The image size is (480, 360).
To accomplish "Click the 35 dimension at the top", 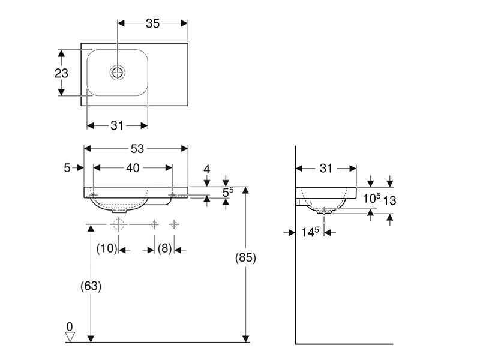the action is click(152, 23).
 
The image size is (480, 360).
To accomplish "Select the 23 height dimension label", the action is click(61, 73).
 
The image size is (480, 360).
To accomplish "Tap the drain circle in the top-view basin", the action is click(118, 73).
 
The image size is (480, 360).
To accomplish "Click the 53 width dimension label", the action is click(137, 149).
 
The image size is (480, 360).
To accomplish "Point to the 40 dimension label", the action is click(133, 168).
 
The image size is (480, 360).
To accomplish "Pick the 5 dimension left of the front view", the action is click(67, 168).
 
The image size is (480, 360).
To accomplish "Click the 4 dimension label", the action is click(207, 169).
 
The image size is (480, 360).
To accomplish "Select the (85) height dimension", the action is click(245, 258).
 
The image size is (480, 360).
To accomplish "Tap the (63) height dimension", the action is click(91, 286).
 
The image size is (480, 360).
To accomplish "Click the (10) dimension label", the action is click(107, 248).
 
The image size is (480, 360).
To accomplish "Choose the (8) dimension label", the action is click(164, 248).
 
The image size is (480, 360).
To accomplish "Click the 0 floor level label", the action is click(70, 326).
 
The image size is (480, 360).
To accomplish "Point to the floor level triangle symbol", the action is click(70, 337).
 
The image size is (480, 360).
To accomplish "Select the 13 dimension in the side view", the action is click(389, 201).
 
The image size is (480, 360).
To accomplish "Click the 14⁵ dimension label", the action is click(310, 232).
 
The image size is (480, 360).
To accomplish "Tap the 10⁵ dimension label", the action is click(371, 198).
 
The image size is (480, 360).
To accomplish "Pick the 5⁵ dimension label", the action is click(228, 192).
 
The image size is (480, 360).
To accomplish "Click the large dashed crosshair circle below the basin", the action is click(118, 224).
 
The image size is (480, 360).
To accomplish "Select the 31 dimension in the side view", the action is click(326, 169).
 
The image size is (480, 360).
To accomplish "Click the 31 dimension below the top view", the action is click(117, 125).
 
